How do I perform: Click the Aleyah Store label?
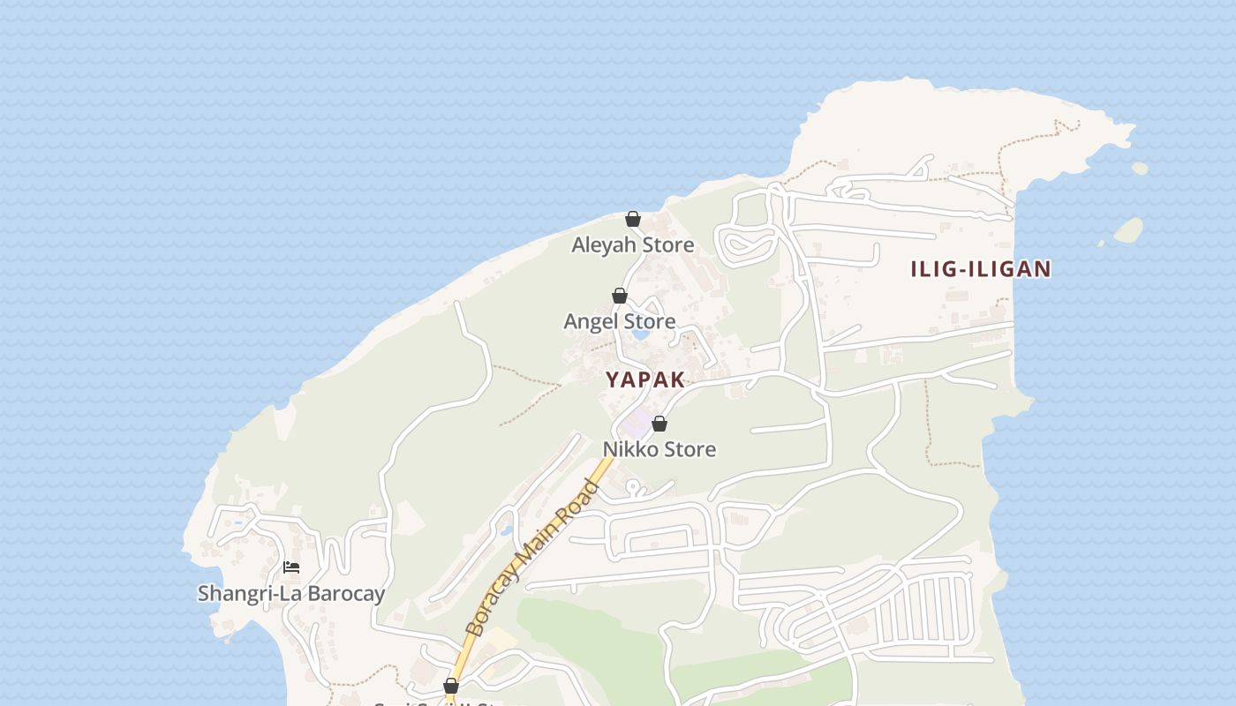pos(632,244)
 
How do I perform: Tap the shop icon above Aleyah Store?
pos(633,219)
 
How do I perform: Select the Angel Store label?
pos(619,321)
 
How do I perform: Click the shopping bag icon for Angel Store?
pos(620,296)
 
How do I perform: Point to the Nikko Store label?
pos(659,449)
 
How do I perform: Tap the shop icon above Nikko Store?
pos(659,424)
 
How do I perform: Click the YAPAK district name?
pos(645,379)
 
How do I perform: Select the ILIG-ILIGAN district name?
pos(981,269)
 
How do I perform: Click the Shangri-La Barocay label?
pos(290,593)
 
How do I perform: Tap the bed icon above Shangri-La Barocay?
pos(291,567)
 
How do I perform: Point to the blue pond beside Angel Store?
pos(642,334)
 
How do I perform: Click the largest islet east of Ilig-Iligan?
pos(1128,230)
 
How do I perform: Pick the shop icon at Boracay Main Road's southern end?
pos(451,685)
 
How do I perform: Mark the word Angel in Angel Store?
pos(591,321)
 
